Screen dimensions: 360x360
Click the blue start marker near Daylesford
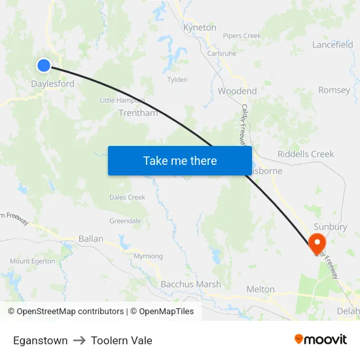[44, 65]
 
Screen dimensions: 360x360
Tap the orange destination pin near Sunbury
[317, 243]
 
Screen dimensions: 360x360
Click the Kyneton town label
[200, 27]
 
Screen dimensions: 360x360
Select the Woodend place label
[237, 91]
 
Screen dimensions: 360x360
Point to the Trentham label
[138, 113]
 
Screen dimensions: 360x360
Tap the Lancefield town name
[333, 45]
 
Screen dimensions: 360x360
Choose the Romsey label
[334, 90]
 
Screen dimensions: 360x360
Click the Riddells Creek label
[306, 154]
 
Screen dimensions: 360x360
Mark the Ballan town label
[91, 239]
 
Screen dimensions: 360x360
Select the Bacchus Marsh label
[191, 284]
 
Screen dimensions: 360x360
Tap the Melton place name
[261, 289]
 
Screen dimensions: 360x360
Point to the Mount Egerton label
[33, 261]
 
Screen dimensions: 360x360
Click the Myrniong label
[148, 256]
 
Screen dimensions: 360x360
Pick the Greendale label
[125, 221]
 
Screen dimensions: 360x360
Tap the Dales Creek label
[127, 197]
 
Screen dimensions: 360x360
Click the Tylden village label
[177, 80]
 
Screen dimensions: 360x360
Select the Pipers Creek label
[242, 35]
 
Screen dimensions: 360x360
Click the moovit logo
[320, 340]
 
